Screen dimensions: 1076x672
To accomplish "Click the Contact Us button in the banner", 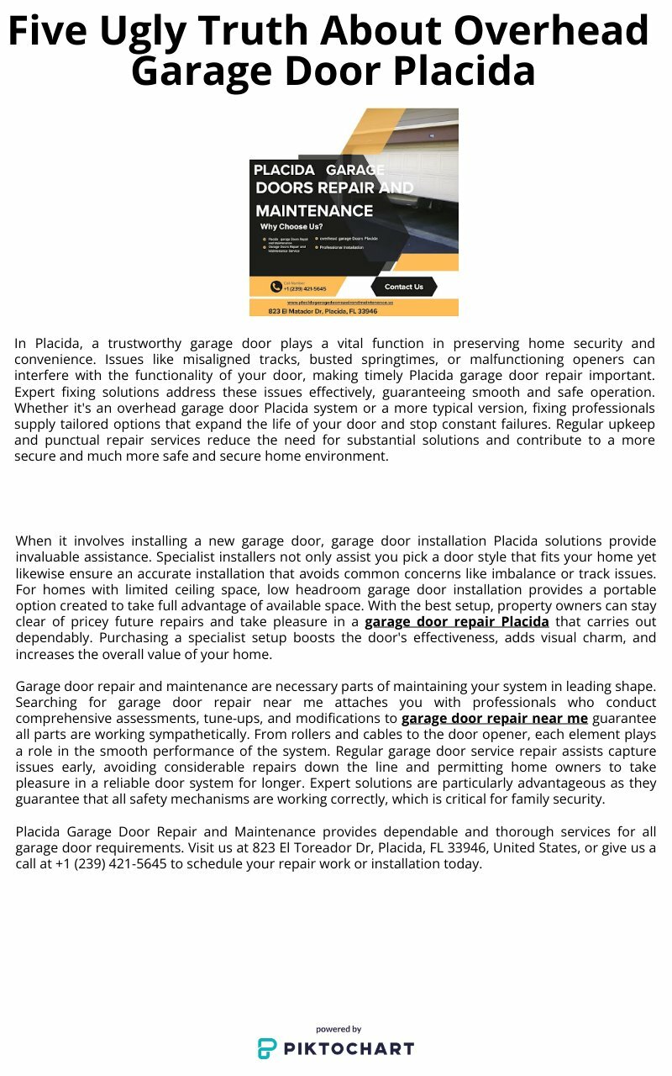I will (403, 287).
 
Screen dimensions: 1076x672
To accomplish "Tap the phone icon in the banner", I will (276, 287).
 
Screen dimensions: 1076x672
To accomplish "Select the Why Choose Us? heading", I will (291, 227).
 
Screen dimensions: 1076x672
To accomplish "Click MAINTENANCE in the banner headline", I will (314, 210).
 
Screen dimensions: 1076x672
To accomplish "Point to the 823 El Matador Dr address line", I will (323, 311).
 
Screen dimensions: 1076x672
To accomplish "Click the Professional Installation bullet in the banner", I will (341, 247).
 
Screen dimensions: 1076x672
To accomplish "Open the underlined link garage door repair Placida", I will (456, 622).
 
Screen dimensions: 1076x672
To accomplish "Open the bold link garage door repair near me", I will (494, 719).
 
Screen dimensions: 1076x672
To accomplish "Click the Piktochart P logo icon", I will (266, 1048).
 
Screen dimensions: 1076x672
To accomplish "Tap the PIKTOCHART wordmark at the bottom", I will (348, 1048).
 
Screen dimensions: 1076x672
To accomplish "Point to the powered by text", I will (339, 1029).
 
